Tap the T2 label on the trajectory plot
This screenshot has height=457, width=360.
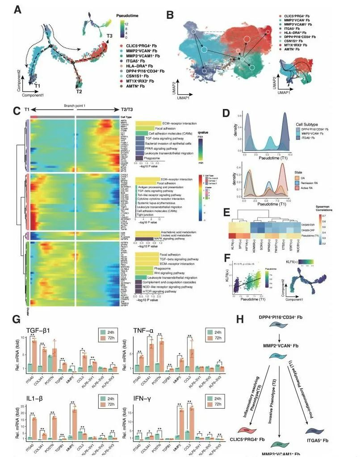(x=79, y=92)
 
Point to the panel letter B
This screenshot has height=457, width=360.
(x=170, y=14)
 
